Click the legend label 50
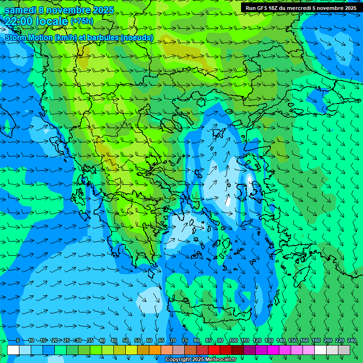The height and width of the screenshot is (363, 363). (126, 340)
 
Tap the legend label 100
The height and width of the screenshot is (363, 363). (233, 340)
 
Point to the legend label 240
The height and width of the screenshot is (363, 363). (352, 340)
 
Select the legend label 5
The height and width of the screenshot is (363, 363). (17, 340)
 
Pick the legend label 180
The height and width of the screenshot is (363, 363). (316, 340)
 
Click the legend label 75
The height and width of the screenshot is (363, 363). (185, 340)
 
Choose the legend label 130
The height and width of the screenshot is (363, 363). (269, 340)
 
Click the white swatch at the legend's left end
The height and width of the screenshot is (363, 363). (13, 350)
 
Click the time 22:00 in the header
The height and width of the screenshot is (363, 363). (19, 21)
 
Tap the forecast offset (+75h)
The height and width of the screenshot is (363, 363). (82, 21)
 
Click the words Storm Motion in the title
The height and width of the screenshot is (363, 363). (28, 37)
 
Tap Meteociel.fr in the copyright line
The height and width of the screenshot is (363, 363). (221, 360)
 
